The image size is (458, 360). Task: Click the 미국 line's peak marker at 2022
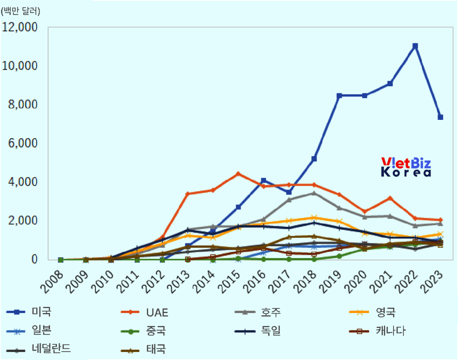pyautogui.click(x=415, y=46)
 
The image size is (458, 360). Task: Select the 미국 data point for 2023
pyautogui.click(x=440, y=117)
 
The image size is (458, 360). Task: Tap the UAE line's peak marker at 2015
pyautogui.click(x=238, y=174)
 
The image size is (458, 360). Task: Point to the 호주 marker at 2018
pyautogui.click(x=314, y=193)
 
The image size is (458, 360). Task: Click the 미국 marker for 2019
pyautogui.click(x=339, y=96)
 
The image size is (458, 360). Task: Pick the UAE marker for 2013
pyautogui.click(x=188, y=194)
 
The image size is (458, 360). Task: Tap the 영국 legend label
pyautogui.click(x=386, y=312)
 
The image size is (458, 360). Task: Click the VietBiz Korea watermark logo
pyautogui.click(x=406, y=167)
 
